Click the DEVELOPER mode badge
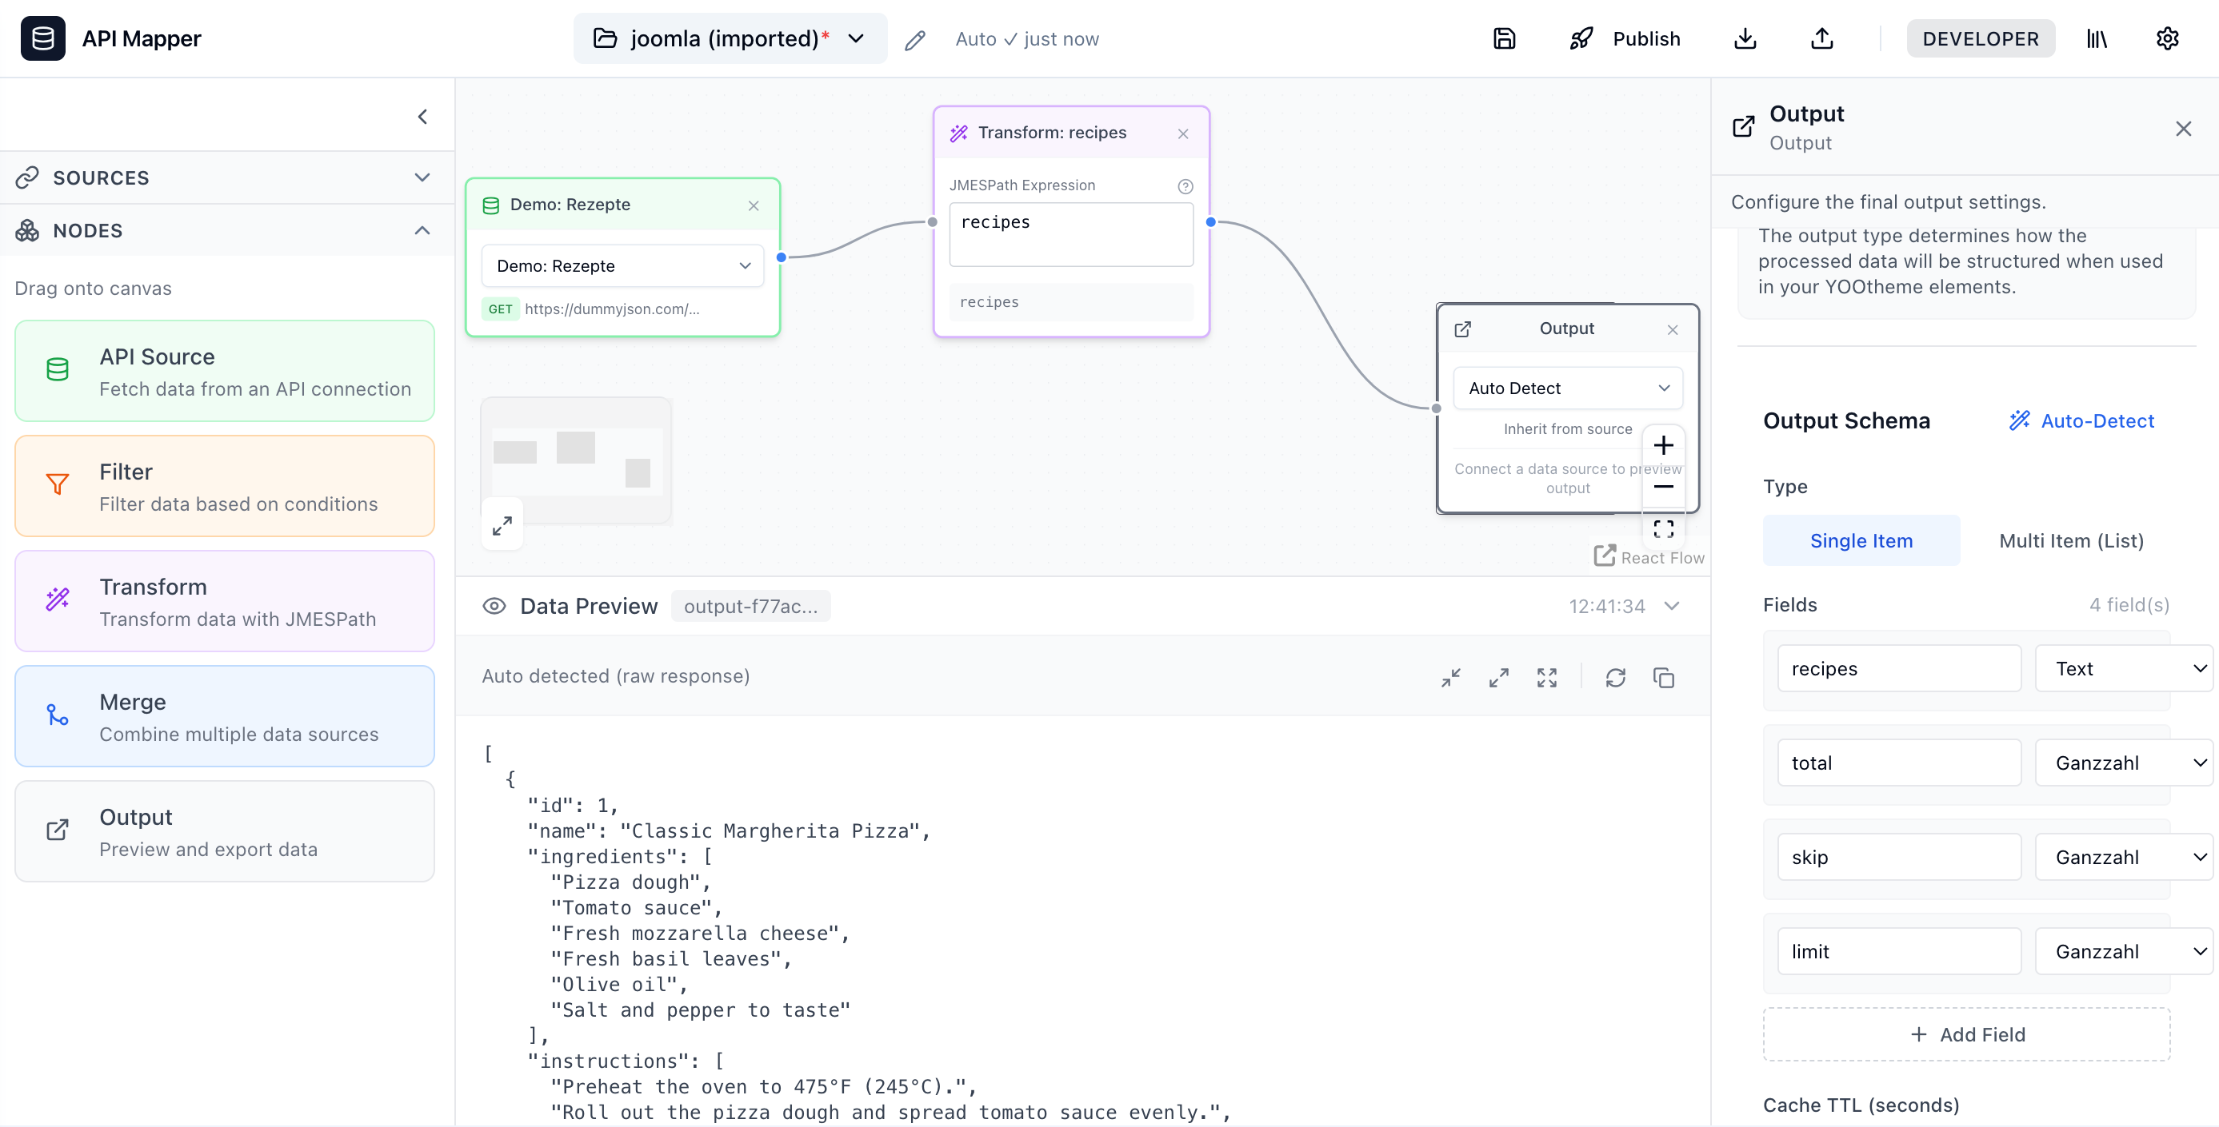[x=1980, y=38]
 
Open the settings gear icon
[x=2166, y=38]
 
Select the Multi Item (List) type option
[x=2070, y=540]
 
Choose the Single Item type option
[x=1861, y=540]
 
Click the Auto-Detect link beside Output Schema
[x=2082, y=421]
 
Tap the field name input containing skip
[x=1897, y=857]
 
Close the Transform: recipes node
[x=1183, y=133]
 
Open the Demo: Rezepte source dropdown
[x=622, y=266]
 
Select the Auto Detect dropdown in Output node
[x=1567, y=388]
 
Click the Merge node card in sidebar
[x=224, y=716]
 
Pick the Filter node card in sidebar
[x=224, y=487]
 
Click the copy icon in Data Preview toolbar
[x=1663, y=678]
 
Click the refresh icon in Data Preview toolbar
[x=1615, y=678]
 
